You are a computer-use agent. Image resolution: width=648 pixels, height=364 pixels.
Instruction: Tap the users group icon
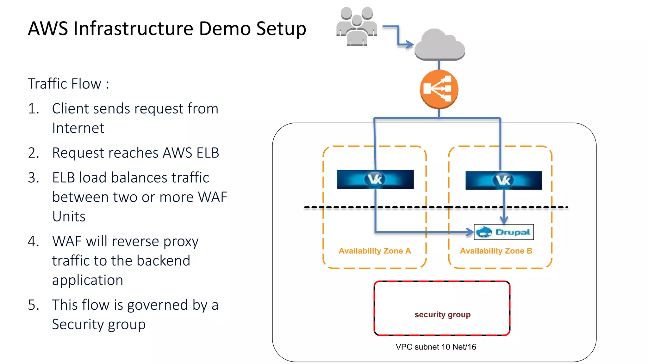357,27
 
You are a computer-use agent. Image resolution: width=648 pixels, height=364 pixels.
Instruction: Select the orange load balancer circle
439,89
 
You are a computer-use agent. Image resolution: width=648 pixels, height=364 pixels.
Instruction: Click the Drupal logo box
504,232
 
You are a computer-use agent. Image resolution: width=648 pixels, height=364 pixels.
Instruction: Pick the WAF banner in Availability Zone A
375,179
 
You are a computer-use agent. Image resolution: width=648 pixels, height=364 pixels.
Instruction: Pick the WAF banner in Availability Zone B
504,180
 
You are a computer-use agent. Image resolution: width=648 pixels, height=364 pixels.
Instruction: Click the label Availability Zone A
375,251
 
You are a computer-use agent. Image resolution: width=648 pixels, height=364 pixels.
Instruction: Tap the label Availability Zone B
496,251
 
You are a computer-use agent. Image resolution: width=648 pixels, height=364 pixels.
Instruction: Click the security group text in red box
442,315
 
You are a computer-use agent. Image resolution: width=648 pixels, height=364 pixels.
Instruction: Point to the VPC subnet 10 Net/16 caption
436,347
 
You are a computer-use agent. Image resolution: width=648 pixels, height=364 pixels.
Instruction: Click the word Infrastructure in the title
133,28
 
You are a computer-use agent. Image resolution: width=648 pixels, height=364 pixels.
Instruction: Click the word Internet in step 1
78,128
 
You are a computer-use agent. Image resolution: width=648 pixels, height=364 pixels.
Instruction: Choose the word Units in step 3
69,217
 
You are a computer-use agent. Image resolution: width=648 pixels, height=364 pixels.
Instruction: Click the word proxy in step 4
181,242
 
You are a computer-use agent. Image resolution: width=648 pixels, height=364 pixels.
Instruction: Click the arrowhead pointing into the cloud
410,45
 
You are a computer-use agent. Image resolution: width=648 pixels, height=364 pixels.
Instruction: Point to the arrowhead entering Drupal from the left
470,232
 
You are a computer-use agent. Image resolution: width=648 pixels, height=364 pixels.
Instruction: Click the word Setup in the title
281,28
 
